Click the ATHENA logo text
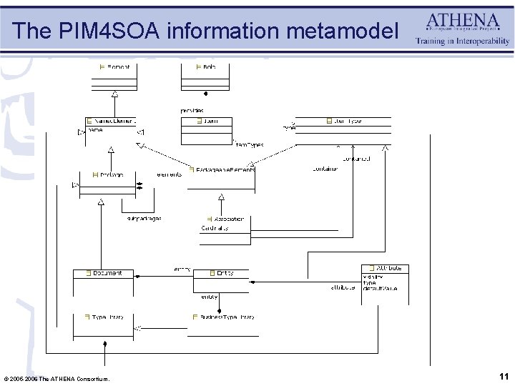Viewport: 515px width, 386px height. click(463, 19)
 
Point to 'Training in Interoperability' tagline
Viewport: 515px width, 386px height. click(463, 41)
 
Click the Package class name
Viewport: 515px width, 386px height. click(108, 174)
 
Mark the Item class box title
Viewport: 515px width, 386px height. click(209, 122)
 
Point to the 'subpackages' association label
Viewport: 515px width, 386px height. click(144, 218)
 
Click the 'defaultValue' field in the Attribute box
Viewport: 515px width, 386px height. click(380, 287)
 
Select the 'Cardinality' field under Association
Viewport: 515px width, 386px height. click(215, 229)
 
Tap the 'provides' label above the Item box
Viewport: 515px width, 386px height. click(191, 110)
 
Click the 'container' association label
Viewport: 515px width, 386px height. click(325, 169)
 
